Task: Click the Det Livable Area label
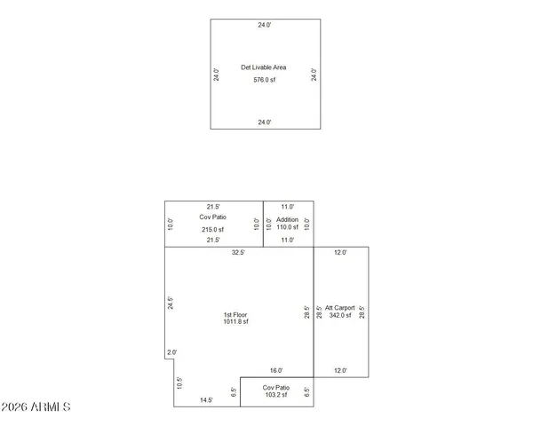tap(264, 67)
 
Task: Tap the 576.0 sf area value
tap(264, 81)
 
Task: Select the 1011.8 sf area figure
tap(235, 322)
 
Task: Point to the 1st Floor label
tap(235, 315)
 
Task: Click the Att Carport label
tap(340, 307)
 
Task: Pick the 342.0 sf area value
tap(340, 315)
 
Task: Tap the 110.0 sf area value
tap(288, 229)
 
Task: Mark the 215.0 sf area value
tap(212, 229)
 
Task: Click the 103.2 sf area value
tap(275, 397)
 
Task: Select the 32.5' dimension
tap(238, 253)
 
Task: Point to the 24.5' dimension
tap(171, 304)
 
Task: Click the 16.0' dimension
tap(275, 371)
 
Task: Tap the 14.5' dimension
tap(206, 400)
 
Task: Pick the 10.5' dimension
tap(179, 383)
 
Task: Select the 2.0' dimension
tap(171, 352)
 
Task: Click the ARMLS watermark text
tap(50, 407)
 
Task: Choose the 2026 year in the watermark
tap(17, 407)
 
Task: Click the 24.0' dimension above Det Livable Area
tap(264, 26)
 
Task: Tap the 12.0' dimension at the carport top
tap(340, 253)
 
